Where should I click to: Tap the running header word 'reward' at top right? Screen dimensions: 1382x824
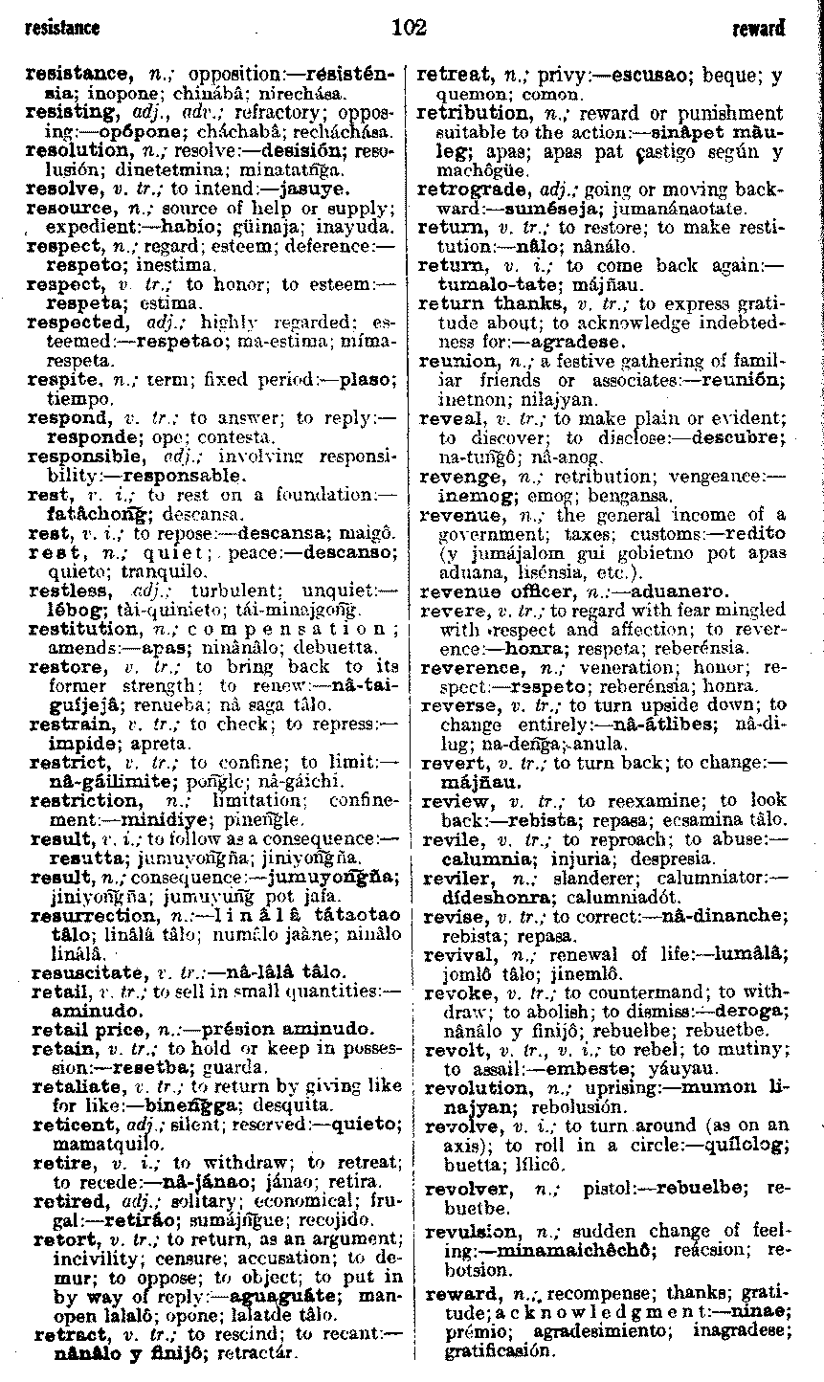click(758, 29)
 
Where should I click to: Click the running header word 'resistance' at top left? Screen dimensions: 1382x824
click(62, 28)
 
